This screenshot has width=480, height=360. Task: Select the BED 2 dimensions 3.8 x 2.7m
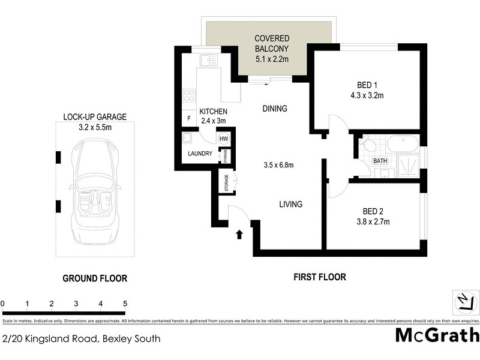(373, 221)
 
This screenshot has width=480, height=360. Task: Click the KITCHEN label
(213, 111)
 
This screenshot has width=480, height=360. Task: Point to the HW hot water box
(224, 139)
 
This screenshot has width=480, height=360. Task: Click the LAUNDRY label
(200, 154)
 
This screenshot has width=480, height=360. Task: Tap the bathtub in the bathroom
(403, 145)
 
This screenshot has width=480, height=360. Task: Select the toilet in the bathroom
(368, 145)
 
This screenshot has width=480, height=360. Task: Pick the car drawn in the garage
(95, 191)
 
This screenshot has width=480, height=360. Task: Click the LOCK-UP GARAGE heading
(95, 117)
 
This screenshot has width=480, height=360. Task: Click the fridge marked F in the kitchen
(188, 118)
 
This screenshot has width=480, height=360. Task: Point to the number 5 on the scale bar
(125, 304)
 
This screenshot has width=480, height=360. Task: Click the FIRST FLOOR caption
(319, 277)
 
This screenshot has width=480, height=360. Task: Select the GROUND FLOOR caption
(95, 278)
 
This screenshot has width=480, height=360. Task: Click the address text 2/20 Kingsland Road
(82, 338)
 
